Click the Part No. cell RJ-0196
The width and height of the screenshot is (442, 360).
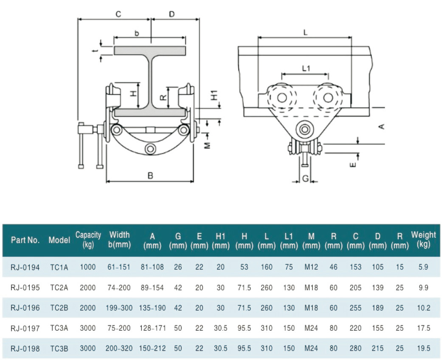25,308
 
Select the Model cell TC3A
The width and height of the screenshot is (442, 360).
59,328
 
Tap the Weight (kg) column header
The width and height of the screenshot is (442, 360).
423,239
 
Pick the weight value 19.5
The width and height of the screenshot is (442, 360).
423,349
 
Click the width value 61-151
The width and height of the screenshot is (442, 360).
119,267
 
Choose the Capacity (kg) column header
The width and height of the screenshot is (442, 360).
88,239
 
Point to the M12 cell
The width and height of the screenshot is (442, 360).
312,267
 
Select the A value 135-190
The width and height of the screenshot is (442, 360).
152,308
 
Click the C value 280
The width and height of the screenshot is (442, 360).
356,349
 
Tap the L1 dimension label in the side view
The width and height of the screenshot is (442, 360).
306,68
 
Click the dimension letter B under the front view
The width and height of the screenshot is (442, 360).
150,175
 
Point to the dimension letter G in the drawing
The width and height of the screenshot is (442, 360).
305,179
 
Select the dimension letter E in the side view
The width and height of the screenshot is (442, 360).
353,163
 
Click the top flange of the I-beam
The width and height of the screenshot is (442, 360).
150,51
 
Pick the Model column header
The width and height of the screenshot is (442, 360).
59,240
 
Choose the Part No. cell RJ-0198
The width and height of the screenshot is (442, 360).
25,349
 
